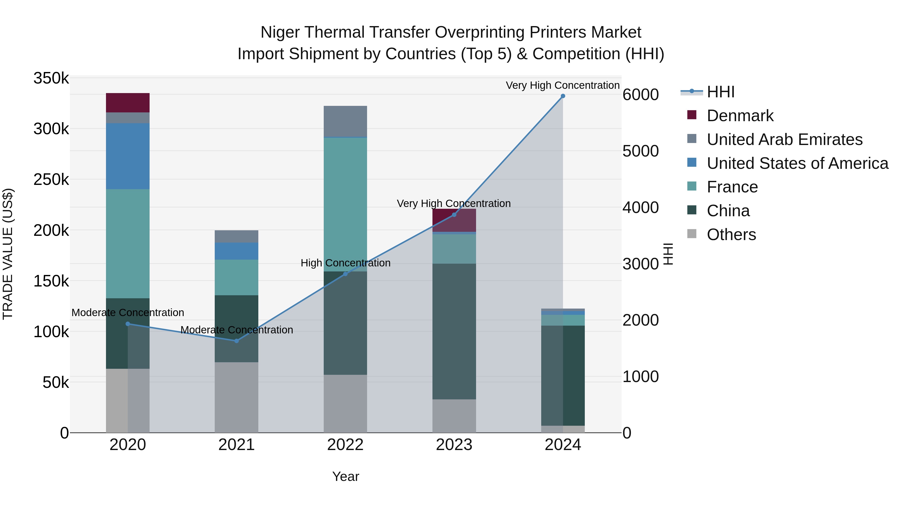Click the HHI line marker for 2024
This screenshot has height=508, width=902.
click(x=563, y=96)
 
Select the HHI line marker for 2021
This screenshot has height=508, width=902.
click(x=236, y=341)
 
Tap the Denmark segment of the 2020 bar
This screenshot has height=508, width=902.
click(x=128, y=103)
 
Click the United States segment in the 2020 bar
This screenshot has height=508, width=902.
click(x=128, y=156)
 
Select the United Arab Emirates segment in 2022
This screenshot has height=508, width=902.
click(x=345, y=121)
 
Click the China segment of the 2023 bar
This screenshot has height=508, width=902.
click(x=454, y=331)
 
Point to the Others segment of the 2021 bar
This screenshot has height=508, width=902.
click(x=236, y=397)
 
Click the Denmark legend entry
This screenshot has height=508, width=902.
click(x=740, y=116)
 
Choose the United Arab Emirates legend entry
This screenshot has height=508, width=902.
click(x=784, y=139)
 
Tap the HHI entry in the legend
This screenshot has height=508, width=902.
click(x=720, y=92)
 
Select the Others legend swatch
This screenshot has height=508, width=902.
click(x=692, y=234)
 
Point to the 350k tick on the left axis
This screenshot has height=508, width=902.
click(x=51, y=78)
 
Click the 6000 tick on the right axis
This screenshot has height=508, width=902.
click(x=640, y=95)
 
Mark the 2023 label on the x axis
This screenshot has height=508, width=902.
click(x=454, y=445)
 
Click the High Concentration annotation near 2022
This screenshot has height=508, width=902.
click(x=345, y=263)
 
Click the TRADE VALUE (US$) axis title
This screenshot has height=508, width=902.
click(x=8, y=254)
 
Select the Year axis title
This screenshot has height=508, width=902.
click(x=345, y=476)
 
